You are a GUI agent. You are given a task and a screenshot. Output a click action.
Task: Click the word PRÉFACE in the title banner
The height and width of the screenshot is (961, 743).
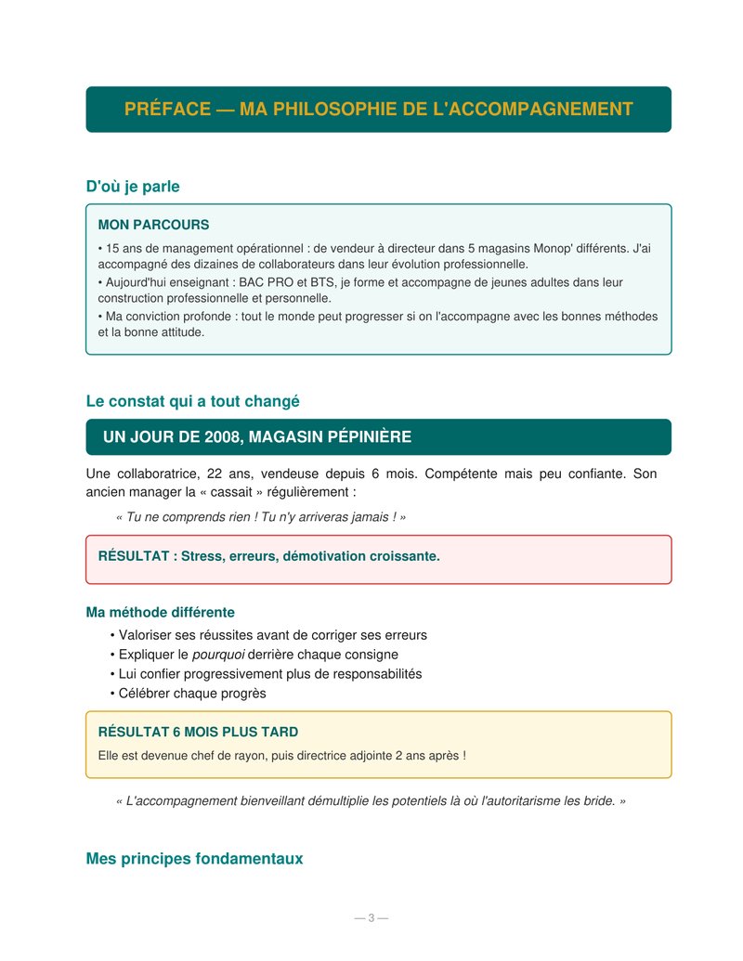click(167, 110)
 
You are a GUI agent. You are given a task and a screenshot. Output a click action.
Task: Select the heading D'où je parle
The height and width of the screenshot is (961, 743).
click(133, 187)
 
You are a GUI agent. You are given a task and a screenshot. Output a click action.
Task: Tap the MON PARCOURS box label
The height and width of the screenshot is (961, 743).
click(153, 225)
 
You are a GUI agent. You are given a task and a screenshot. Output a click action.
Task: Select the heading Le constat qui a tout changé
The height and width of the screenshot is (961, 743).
click(192, 402)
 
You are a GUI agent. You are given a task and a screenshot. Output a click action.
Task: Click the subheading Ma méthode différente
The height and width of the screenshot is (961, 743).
click(160, 613)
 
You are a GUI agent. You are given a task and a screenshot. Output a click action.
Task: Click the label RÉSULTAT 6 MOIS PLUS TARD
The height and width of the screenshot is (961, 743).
click(198, 732)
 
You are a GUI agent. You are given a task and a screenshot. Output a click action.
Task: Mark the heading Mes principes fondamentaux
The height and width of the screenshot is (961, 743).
click(194, 859)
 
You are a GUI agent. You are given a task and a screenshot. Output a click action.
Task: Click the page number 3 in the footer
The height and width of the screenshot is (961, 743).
click(371, 918)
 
